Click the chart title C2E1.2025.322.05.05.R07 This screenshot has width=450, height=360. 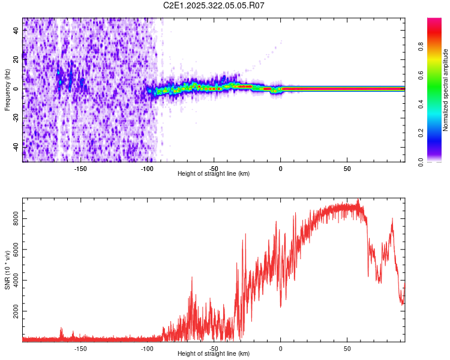click(x=214, y=5)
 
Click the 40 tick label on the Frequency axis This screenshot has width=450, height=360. click(x=17, y=30)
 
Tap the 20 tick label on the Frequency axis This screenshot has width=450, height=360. click(x=17, y=59)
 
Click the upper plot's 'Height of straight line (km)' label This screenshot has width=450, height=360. click(x=214, y=173)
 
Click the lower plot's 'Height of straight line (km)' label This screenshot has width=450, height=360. click(x=214, y=353)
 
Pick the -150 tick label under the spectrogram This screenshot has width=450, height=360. click(x=80, y=168)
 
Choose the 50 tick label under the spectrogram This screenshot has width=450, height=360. click(x=347, y=168)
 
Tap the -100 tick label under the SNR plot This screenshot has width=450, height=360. click(x=147, y=348)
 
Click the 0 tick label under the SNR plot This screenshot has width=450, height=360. click(x=280, y=348)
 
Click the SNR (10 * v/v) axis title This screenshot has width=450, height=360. click(x=7, y=270)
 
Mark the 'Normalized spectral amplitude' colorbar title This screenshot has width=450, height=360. click(x=446, y=90)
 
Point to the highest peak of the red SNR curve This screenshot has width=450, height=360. click(x=358, y=200)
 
